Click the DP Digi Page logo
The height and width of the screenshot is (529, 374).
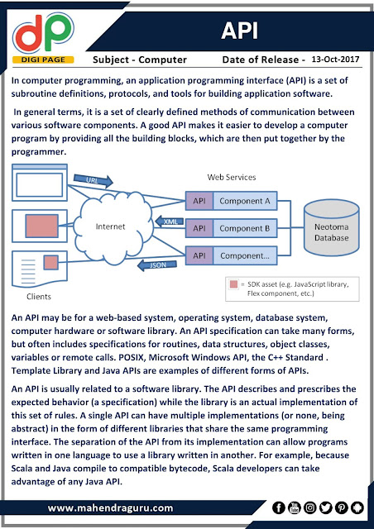coord(43,38)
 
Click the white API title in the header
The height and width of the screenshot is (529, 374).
coord(239,31)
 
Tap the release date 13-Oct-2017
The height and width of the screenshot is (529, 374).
coord(335,60)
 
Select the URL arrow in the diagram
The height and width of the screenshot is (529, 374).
coord(93,180)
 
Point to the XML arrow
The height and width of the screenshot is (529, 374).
coord(170,222)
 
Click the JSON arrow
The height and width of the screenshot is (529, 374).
coord(157,264)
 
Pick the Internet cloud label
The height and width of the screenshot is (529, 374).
coord(111,226)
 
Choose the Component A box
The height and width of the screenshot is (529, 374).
coord(245,201)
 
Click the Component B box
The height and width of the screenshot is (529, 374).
coord(245,228)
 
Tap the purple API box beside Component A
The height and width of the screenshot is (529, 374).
coord(199,201)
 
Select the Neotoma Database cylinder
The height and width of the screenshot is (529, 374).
coord(332,227)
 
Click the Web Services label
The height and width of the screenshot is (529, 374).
coord(232,177)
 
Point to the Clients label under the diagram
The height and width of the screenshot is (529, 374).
coord(39,297)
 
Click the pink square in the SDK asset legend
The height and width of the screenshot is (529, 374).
coord(233,284)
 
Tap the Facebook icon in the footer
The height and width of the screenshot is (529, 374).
coord(278,508)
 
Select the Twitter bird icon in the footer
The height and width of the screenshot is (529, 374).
coord(326,508)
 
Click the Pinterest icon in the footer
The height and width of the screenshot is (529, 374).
coord(342,508)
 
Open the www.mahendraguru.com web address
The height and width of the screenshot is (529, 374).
coord(111,508)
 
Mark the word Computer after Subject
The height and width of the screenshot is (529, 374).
coord(162,60)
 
